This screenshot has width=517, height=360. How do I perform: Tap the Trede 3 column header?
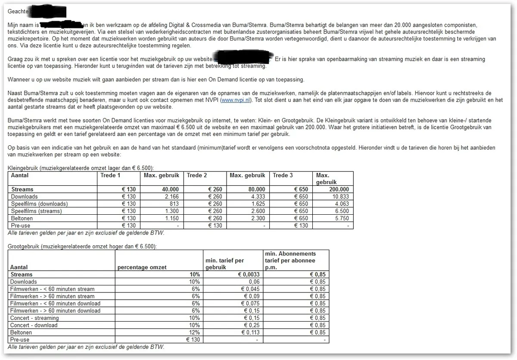tap(283, 175)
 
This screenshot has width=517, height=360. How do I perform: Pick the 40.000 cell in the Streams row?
tap(170, 189)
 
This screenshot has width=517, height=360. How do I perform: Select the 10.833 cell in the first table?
tap(340, 197)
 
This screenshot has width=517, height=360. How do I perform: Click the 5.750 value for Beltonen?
tap(341, 219)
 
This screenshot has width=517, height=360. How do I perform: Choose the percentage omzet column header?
tap(142, 267)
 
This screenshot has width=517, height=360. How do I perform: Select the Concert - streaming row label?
tap(34, 318)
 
